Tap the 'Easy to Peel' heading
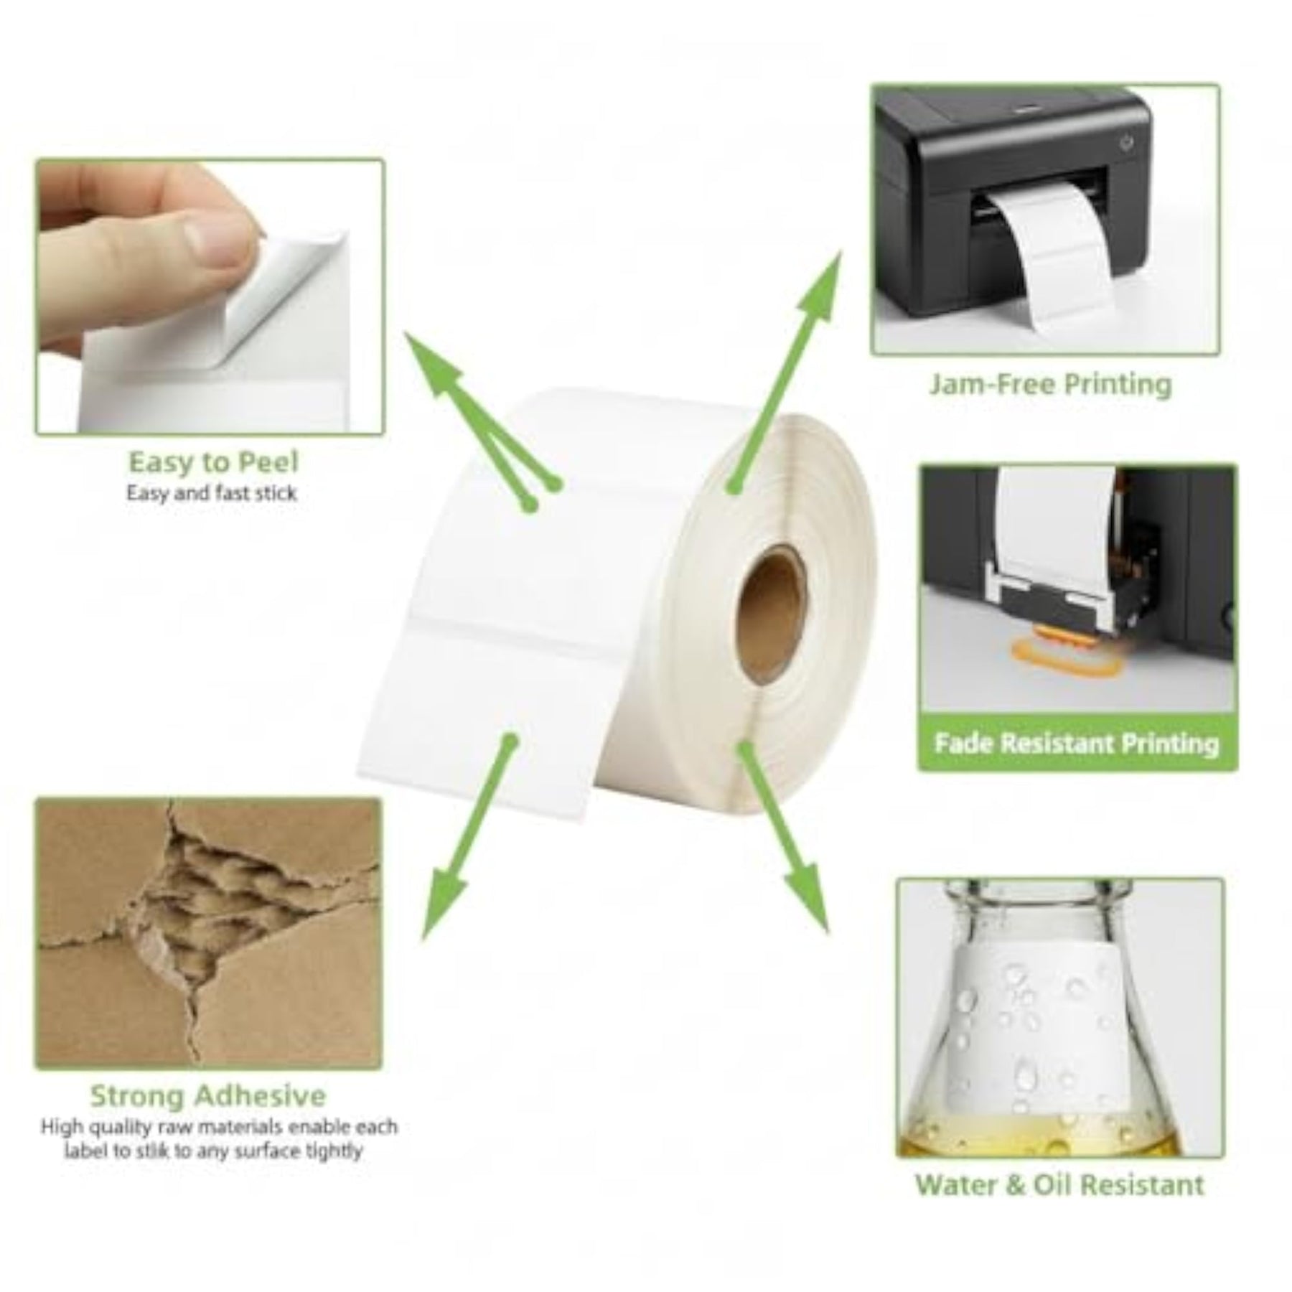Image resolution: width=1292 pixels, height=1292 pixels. (213, 462)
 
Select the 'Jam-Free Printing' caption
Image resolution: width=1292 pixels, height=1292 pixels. (1050, 384)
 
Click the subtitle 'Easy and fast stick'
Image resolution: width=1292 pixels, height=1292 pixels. (212, 493)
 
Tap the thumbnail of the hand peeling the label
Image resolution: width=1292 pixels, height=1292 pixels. (210, 297)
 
